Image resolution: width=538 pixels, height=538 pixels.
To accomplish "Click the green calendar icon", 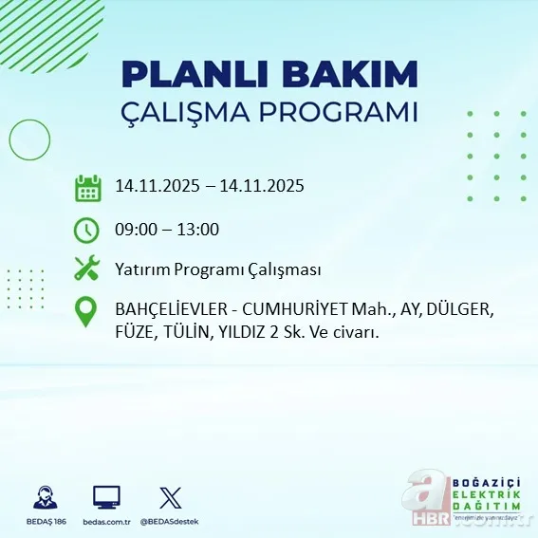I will pos(87,187).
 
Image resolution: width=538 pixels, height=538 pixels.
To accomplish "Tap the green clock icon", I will pos(87,229).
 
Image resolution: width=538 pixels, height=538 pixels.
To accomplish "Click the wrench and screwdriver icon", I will pos(87,269).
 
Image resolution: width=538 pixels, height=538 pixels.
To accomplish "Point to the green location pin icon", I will pos(87,312).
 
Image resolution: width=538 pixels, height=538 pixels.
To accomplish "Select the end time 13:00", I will pos(198,229).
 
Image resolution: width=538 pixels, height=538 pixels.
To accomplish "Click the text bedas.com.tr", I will pos(106,523).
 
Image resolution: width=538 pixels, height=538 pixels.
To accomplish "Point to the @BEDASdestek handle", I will pos(171,523).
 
